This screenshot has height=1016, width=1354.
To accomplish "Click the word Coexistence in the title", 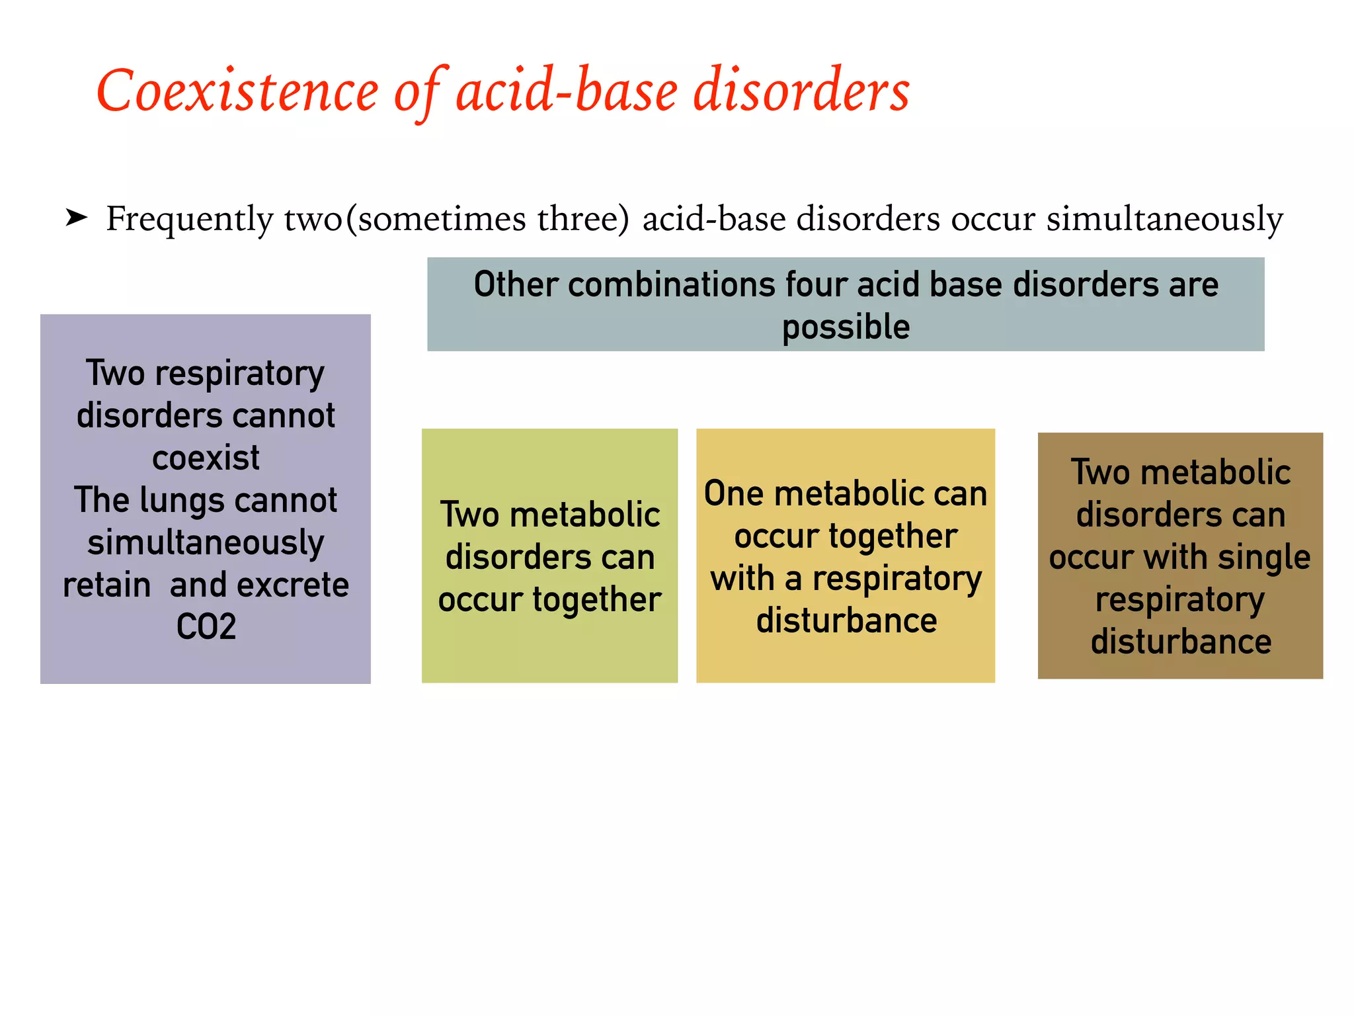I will (237, 91).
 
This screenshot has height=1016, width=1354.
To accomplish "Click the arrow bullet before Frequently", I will (77, 217).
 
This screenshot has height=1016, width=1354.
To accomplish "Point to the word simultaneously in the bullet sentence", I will (1164, 219).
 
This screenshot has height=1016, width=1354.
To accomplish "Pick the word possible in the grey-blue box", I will (846, 327).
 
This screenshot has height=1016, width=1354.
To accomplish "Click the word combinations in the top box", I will (671, 285).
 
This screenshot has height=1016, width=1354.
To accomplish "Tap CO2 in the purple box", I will (206, 626).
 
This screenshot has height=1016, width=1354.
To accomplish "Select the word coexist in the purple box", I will (206, 458).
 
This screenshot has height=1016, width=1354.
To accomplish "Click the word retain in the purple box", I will (107, 585).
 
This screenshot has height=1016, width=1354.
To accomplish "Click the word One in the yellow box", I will (734, 494).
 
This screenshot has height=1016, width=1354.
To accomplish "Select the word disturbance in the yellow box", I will (846, 621).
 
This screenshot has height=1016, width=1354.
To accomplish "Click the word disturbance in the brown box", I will (1181, 642).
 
